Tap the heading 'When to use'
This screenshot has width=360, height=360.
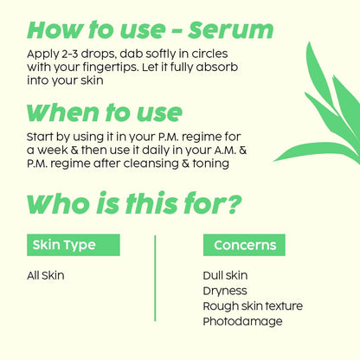pos(104,112)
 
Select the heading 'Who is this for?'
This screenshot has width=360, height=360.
pos(134,204)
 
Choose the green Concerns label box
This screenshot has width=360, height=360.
pos(244,245)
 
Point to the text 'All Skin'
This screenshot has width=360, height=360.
pos(46,276)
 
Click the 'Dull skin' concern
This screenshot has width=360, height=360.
pos(224,276)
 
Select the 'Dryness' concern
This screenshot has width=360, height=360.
pos(224,291)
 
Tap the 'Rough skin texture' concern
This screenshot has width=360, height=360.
pos(252,306)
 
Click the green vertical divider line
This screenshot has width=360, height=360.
pos(155,284)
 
